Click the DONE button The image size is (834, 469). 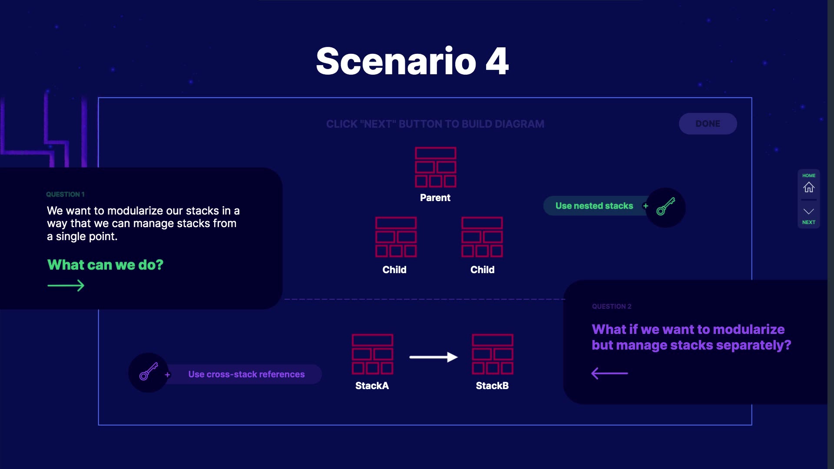click(x=708, y=124)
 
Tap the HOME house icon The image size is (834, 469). click(x=808, y=187)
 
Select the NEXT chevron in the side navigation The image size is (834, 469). click(x=808, y=212)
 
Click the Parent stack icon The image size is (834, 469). click(x=435, y=167)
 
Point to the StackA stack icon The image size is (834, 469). click(x=372, y=354)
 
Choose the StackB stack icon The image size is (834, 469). click(x=493, y=354)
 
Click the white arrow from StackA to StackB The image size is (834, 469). click(x=433, y=357)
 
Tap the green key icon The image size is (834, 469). click(x=665, y=207)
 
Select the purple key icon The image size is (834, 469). click(x=148, y=372)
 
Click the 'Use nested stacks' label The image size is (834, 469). click(x=594, y=206)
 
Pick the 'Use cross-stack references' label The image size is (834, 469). click(x=246, y=374)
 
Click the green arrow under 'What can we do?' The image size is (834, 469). click(x=66, y=285)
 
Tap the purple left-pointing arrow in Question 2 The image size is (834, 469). click(x=609, y=373)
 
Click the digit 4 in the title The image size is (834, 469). click(x=497, y=62)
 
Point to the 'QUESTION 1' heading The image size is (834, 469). click(x=65, y=194)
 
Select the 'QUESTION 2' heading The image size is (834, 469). click(x=612, y=306)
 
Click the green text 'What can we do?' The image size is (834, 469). click(x=105, y=264)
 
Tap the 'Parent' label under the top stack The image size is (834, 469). click(x=435, y=198)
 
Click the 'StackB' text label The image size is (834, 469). click(x=492, y=386)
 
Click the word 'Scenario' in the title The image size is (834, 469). click(x=396, y=62)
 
